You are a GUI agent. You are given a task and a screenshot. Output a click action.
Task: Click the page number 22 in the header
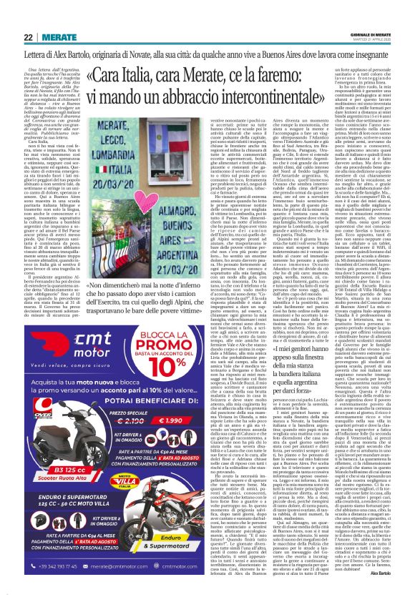coord(10,16)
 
